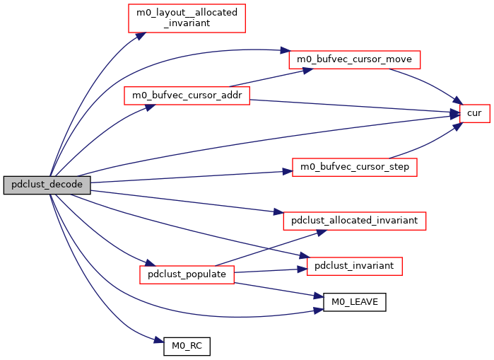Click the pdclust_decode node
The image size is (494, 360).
pos(47,185)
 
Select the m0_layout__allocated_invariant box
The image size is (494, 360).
pos(187,18)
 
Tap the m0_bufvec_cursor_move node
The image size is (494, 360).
pos(355,59)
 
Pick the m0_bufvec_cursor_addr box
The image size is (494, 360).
pos(187,96)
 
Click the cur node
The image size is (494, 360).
pos(474,113)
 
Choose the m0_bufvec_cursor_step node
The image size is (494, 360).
pos(355,168)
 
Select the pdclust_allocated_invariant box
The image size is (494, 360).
pos(355,221)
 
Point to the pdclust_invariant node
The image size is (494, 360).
pos(355,266)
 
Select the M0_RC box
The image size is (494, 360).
pos(187,347)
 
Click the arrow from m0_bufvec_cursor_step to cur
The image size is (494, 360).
pos(424,145)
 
